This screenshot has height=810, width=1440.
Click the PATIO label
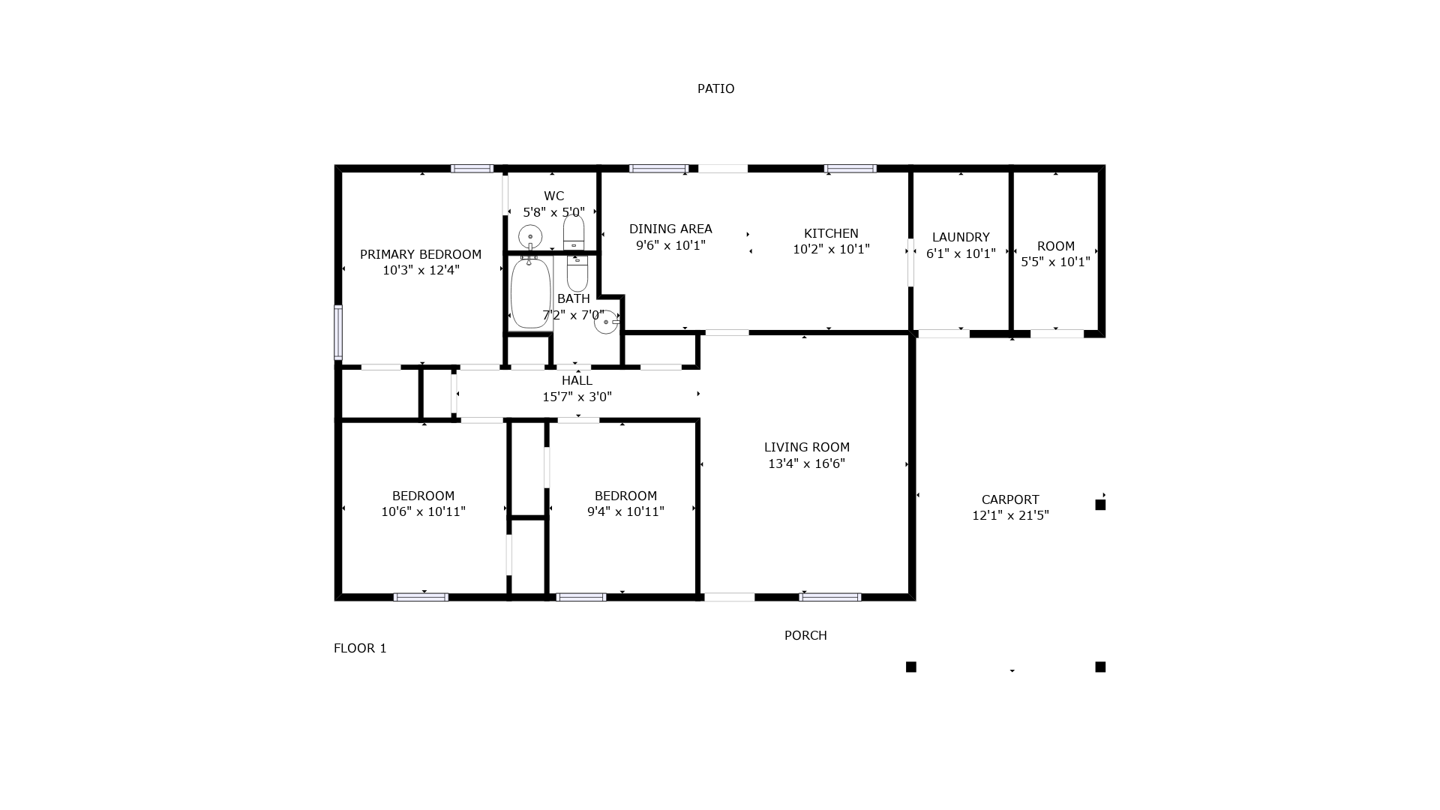[715, 88]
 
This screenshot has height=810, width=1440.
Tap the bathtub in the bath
[530, 292]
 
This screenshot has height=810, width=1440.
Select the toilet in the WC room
[574, 232]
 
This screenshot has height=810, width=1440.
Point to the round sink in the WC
[530, 236]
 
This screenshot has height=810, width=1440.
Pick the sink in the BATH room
[606, 322]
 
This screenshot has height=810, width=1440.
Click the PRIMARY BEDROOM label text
[421, 254]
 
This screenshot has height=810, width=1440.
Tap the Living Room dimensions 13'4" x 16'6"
[806, 463]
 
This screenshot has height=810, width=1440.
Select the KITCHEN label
[831, 233]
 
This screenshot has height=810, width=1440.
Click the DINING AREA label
[670, 229]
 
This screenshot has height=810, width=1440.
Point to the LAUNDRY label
[961, 237]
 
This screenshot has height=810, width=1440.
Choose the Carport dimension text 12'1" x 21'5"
[1010, 515]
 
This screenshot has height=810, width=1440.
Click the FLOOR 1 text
[360, 648]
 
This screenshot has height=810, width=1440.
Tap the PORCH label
[805, 635]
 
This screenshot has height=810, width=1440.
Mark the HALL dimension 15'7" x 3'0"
[577, 397]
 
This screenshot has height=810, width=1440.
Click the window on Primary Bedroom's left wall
[338, 332]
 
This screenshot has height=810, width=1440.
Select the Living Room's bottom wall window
[829, 597]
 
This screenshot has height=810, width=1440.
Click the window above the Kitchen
[850, 169]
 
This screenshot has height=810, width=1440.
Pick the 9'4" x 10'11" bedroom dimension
[625, 511]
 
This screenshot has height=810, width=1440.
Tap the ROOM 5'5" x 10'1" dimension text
[1055, 262]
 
